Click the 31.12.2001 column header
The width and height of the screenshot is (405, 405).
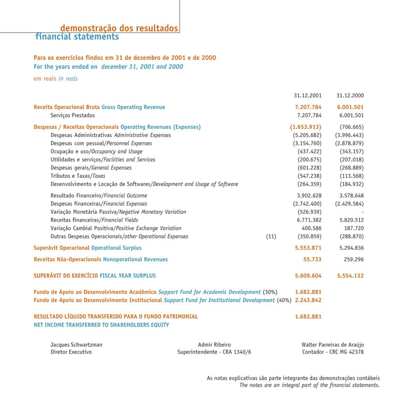307,95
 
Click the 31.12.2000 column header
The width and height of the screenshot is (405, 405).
350,95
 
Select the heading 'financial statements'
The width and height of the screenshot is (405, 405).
77,37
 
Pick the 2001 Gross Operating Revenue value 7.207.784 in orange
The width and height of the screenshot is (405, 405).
309,107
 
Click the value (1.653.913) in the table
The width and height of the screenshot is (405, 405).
306,126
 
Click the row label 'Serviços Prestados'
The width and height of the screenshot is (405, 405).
72,116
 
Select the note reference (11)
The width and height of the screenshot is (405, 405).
272,236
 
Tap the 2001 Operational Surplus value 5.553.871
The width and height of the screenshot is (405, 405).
309,248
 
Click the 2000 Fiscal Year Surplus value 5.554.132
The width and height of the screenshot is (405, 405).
350,275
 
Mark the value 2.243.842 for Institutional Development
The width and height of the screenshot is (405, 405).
309,301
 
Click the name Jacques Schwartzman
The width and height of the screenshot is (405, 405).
76,345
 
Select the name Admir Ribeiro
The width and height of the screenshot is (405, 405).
214,345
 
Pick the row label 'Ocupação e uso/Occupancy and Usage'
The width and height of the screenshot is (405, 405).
96,151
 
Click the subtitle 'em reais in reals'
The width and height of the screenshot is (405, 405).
56,79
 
